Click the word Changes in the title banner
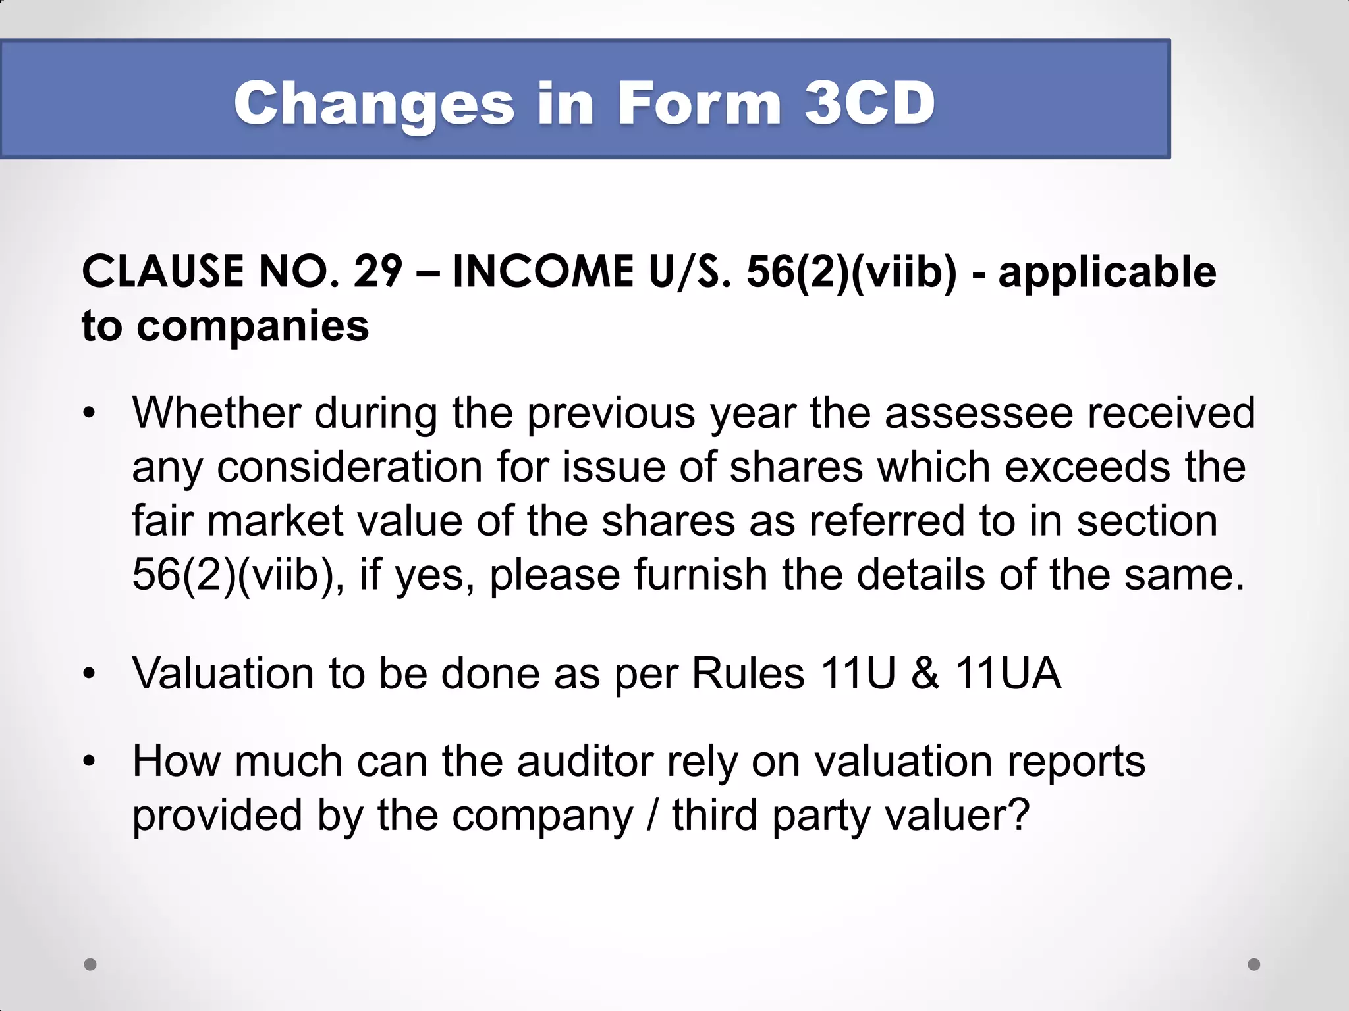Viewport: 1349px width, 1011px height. pyautogui.click(x=374, y=104)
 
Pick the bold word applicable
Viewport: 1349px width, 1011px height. pyautogui.click(x=1107, y=272)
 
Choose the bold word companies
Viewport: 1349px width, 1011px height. pyautogui.click(x=253, y=326)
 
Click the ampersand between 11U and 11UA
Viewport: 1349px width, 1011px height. pyautogui.click(x=925, y=673)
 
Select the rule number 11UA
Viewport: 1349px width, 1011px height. pyautogui.click(x=1008, y=673)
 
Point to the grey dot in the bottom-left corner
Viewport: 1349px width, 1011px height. pyautogui.click(x=90, y=964)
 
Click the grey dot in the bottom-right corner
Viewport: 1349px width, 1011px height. pyautogui.click(x=1254, y=964)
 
